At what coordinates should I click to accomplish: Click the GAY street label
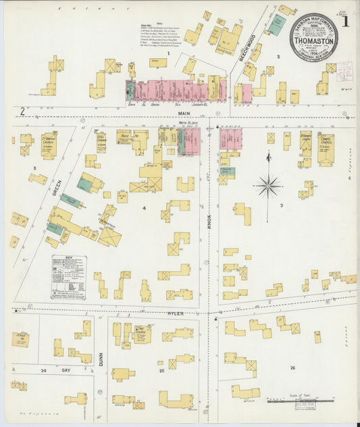click(x=66, y=371)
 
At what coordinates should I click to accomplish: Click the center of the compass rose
click(x=269, y=184)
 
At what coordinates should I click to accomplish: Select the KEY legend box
click(x=69, y=277)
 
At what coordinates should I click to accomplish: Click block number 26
click(x=292, y=368)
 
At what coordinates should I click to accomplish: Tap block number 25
click(x=161, y=371)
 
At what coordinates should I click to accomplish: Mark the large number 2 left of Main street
click(x=22, y=110)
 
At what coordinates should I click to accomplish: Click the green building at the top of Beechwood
click(x=276, y=26)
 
